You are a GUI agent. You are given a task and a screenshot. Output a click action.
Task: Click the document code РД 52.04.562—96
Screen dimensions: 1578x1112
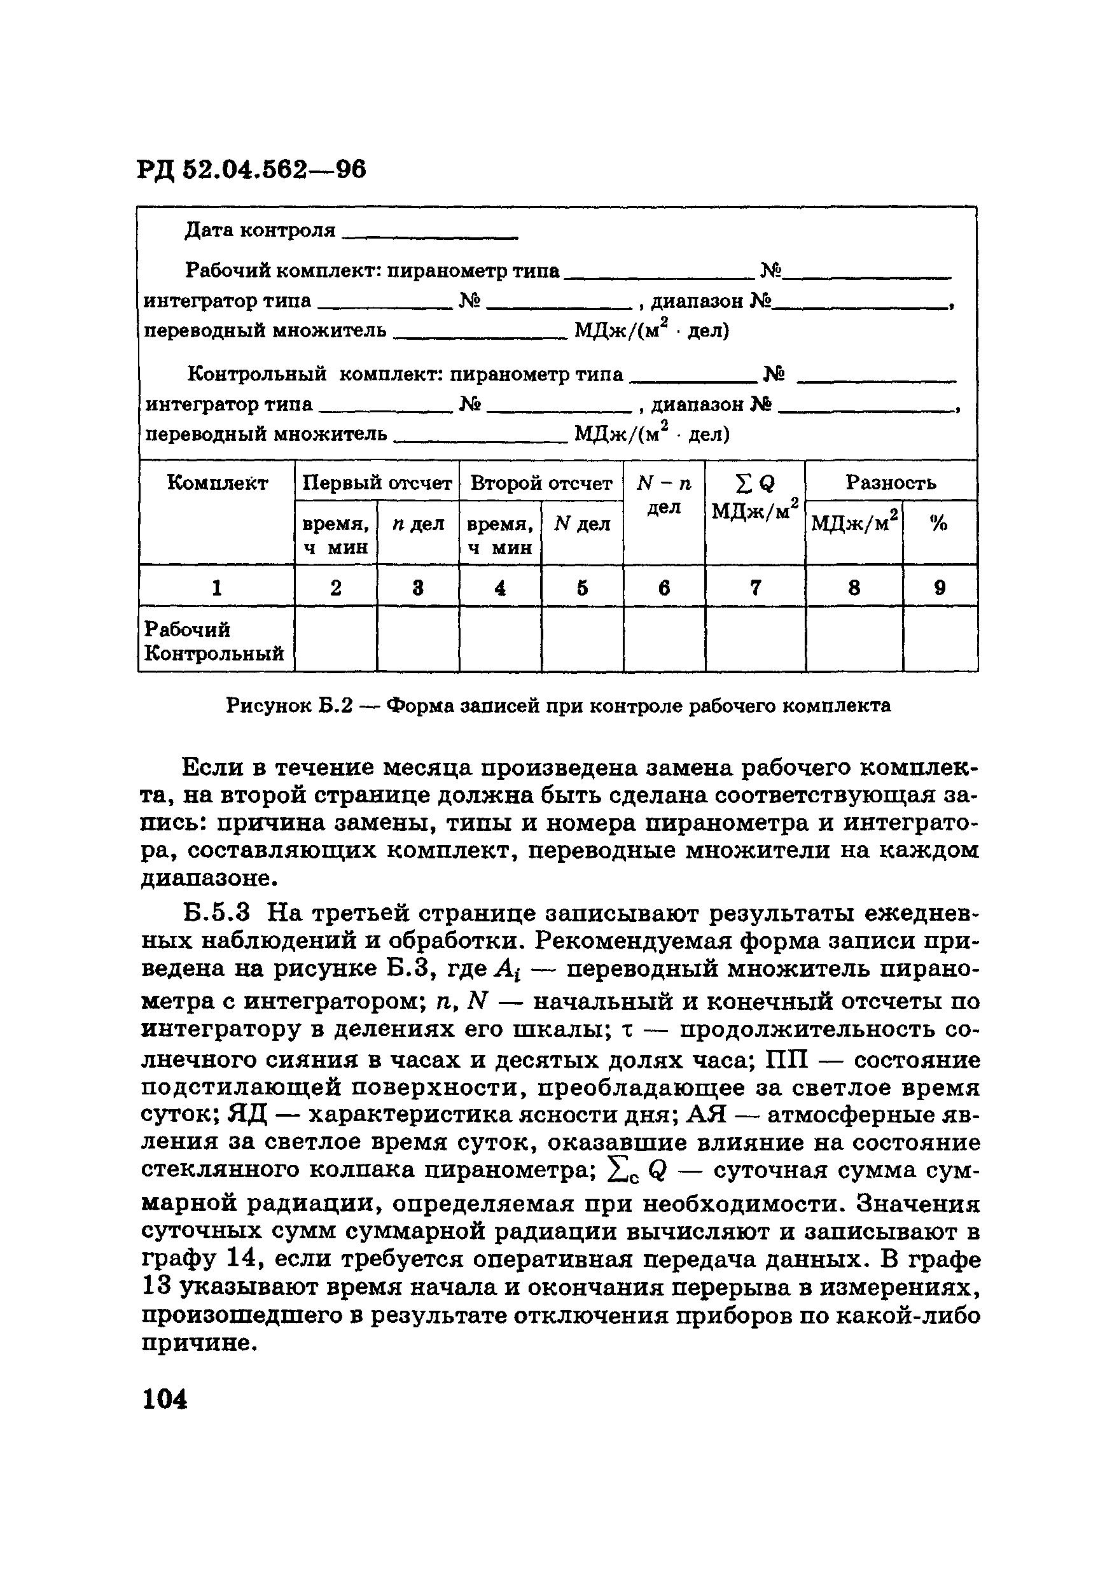[251, 169]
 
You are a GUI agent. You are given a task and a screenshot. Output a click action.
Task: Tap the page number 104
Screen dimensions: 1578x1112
[164, 1399]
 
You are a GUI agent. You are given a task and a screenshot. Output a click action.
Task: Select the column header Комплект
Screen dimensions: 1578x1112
[217, 483]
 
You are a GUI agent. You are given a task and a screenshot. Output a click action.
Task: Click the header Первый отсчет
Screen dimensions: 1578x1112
[377, 483]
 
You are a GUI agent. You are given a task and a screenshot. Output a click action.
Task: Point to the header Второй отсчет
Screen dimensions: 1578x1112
[541, 483]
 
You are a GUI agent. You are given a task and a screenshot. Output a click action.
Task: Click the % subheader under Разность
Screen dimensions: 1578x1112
[939, 524]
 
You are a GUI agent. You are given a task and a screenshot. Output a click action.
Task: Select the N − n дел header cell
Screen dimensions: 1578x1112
[664, 496]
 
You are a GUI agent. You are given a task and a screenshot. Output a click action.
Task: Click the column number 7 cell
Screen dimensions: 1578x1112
[755, 588]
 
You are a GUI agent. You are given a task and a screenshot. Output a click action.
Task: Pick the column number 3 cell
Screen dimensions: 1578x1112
[418, 588]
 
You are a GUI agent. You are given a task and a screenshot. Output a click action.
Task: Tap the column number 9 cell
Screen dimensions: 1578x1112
[940, 588]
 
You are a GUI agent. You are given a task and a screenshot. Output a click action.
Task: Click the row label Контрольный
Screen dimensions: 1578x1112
[214, 653]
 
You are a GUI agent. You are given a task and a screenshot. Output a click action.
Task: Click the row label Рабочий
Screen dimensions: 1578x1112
[187, 629]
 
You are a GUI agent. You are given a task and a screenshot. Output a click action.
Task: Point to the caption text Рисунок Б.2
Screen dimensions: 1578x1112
[289, 705]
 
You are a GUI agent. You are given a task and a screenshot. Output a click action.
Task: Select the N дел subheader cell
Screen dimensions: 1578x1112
[582, 524]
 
